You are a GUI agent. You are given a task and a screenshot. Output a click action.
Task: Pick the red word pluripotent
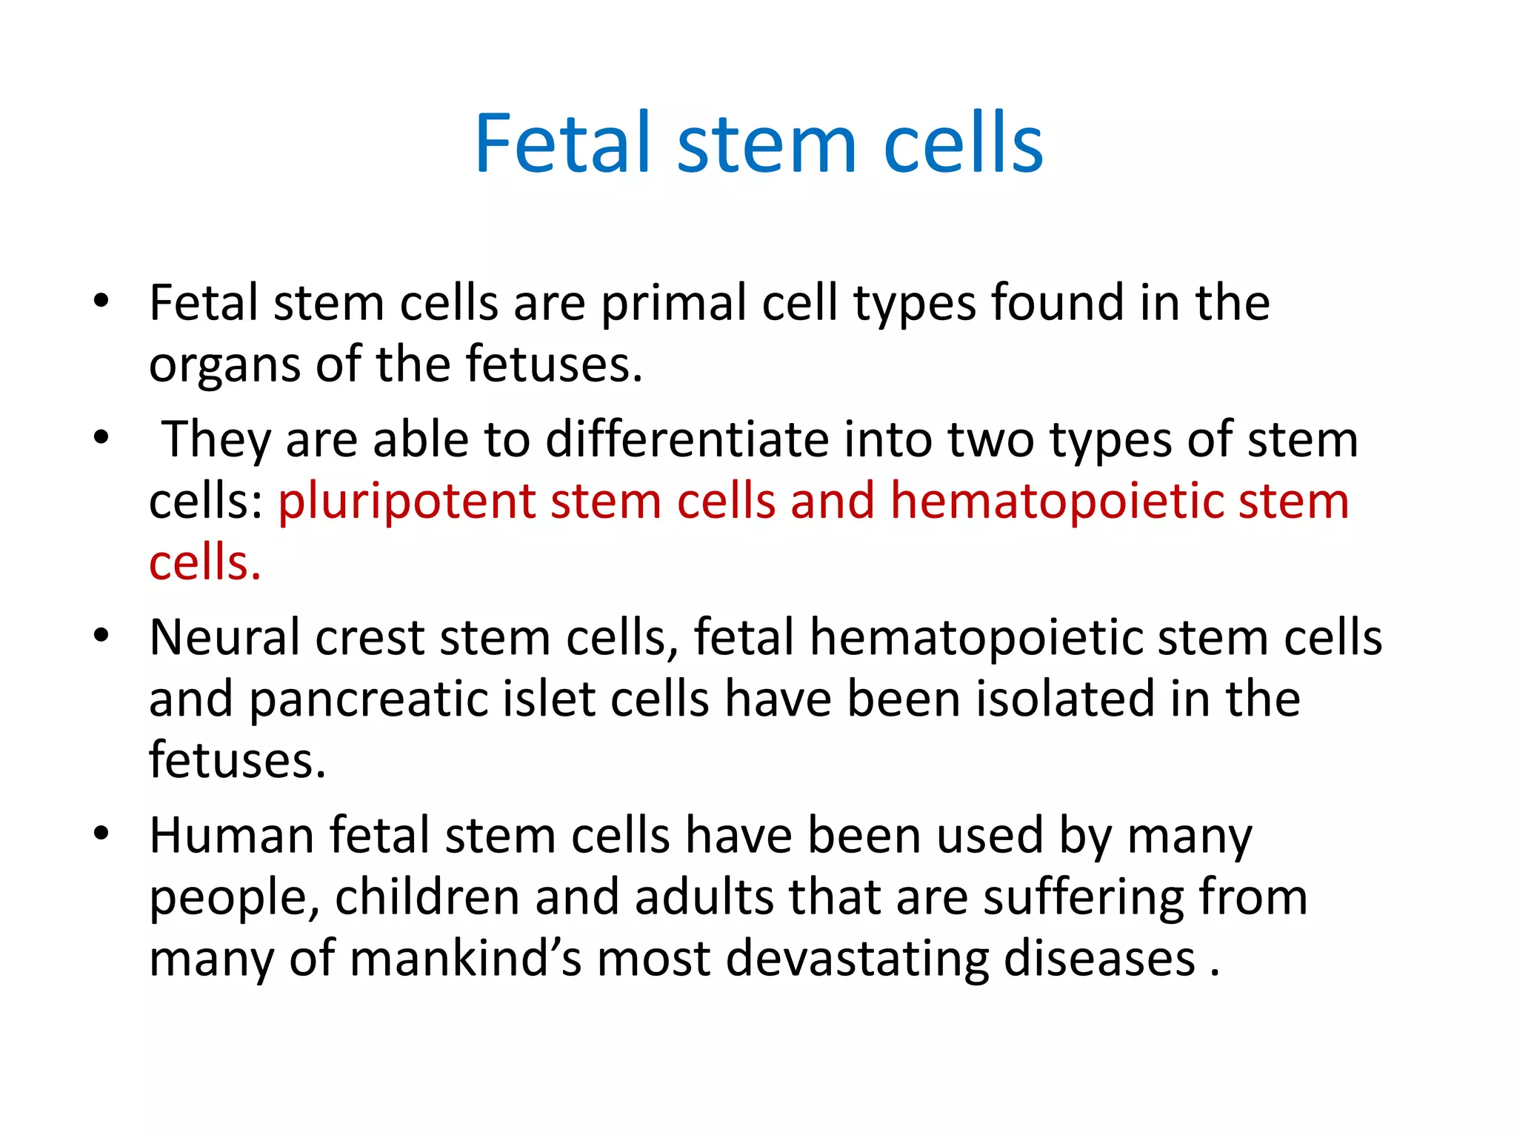[x=407, y=502]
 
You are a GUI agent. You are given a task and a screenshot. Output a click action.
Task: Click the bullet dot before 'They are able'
[x=101, y=438]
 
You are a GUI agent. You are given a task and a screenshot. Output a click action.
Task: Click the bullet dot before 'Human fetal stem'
[x=101, y=833]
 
